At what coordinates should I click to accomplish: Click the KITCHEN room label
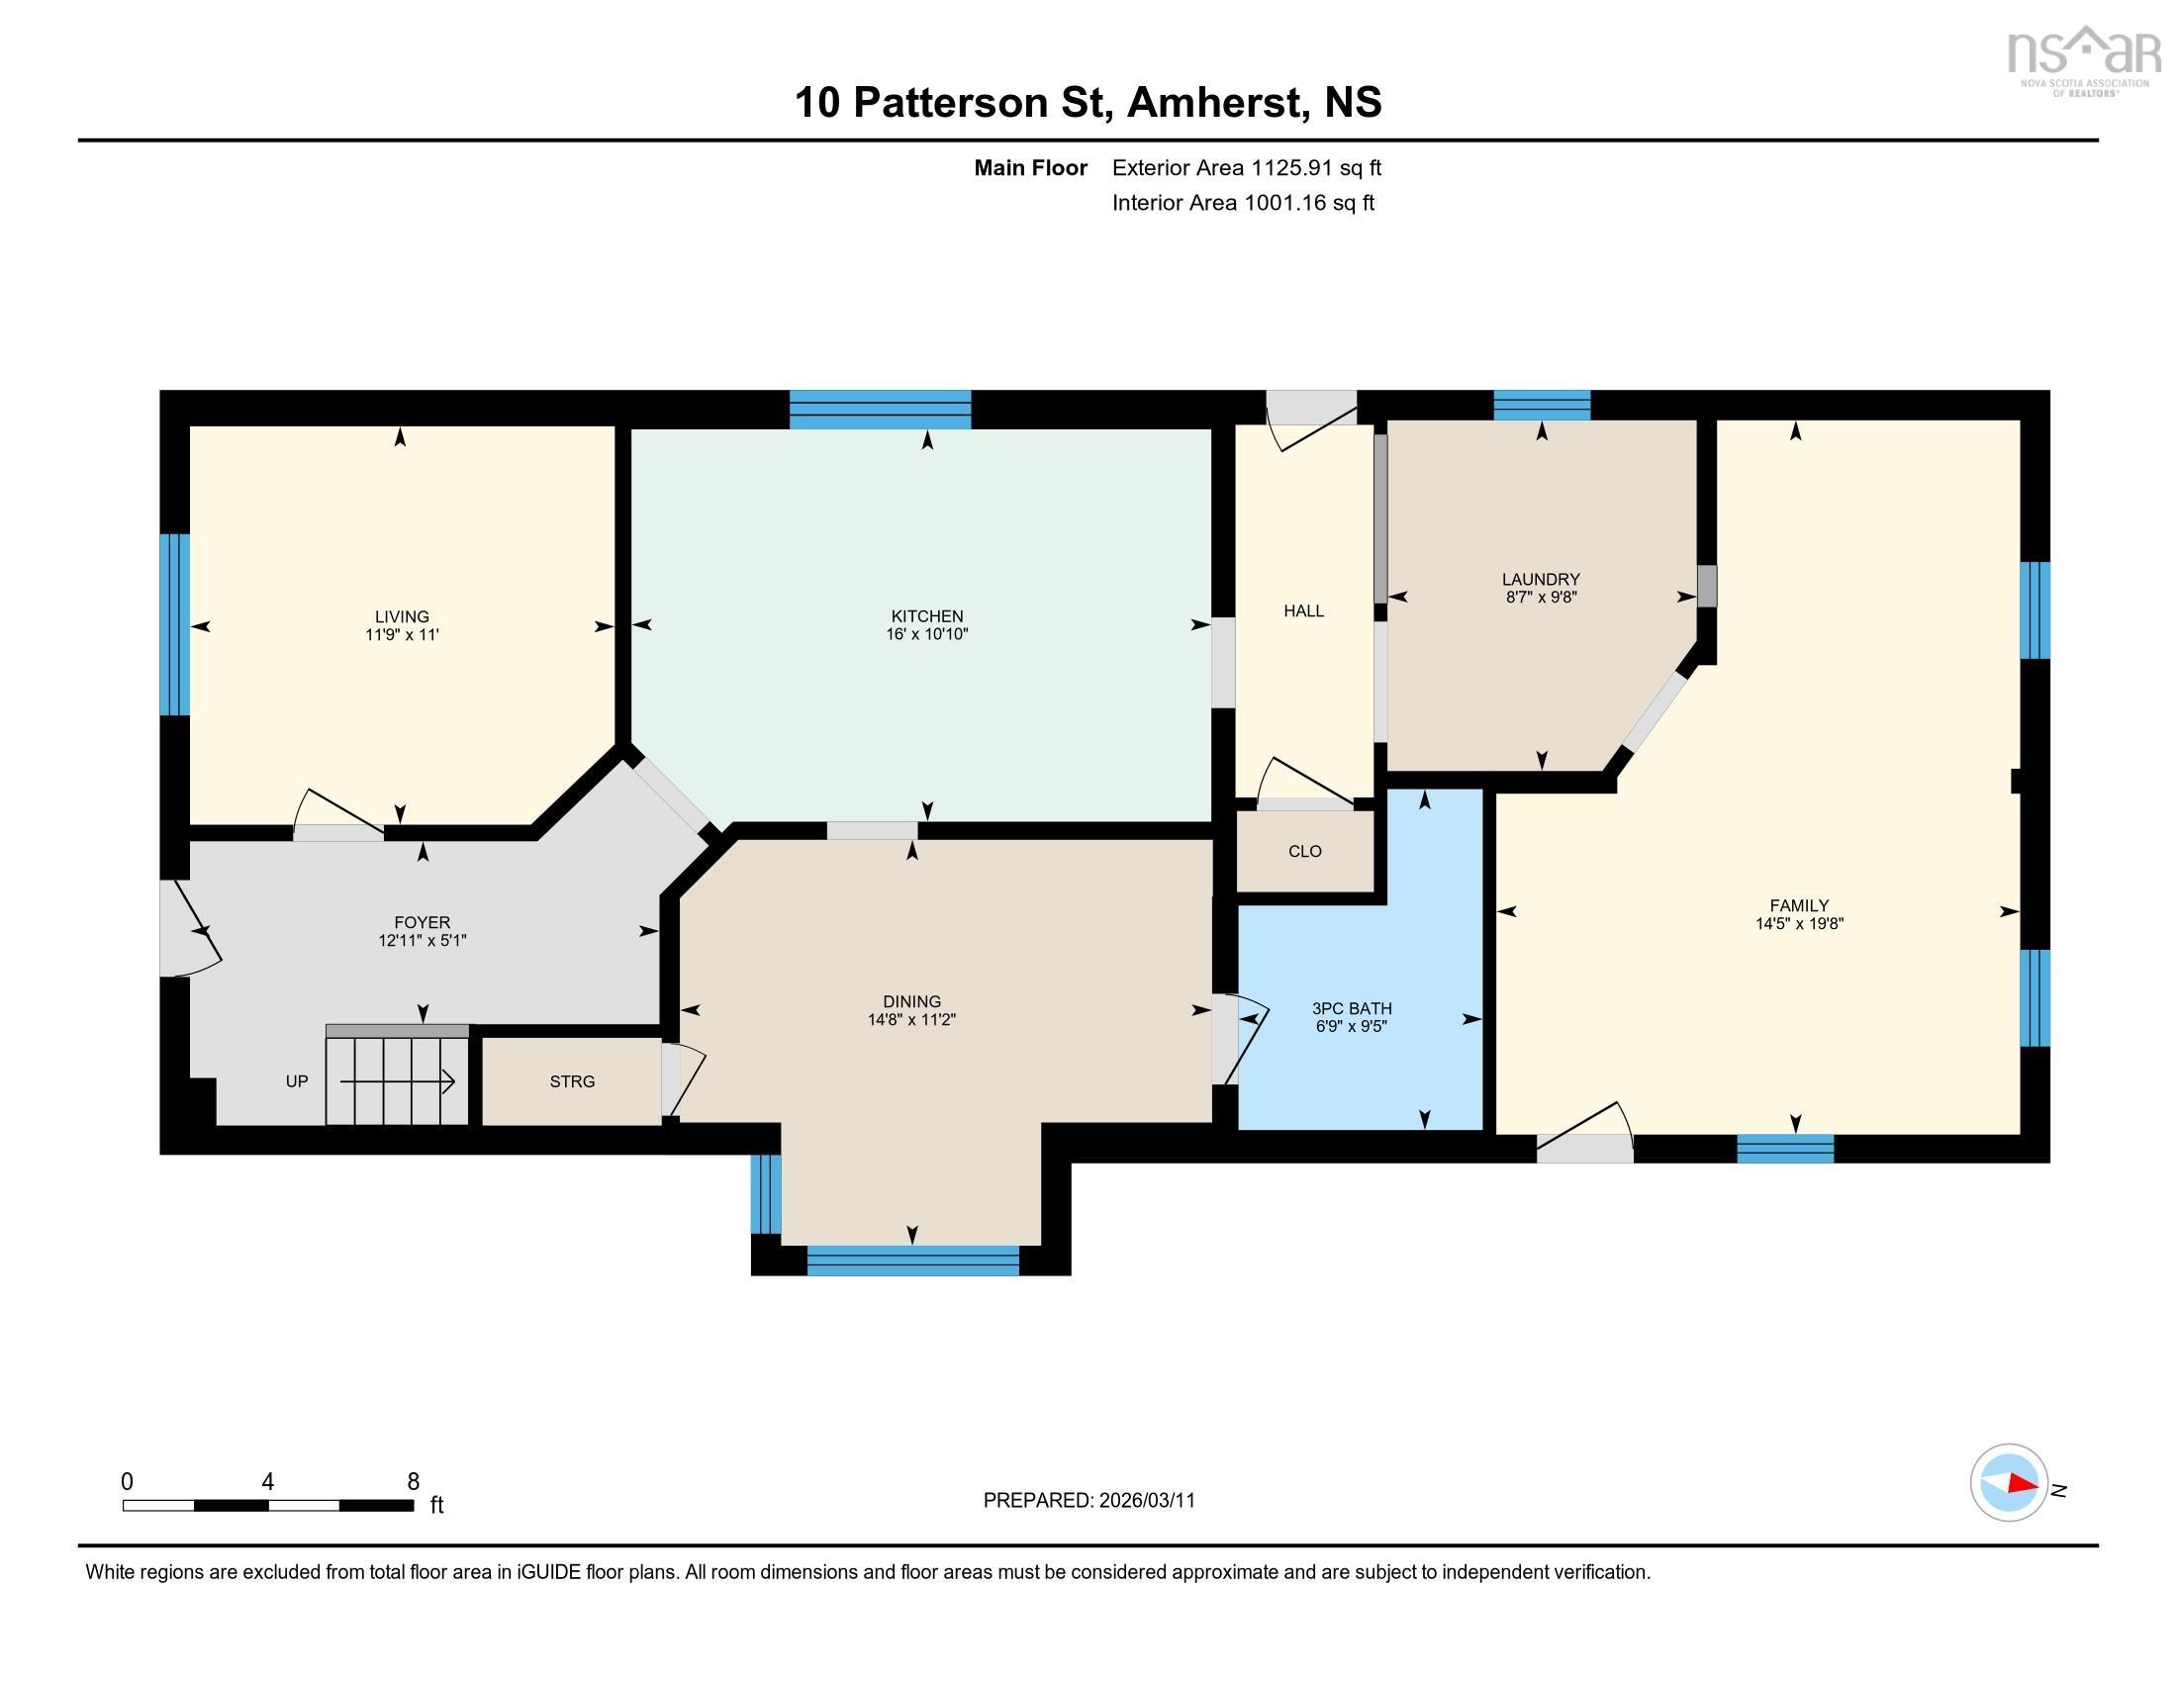[926, 615]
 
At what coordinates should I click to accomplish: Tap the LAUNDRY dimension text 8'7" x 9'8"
[1540, 598]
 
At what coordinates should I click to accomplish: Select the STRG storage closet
[571, 1081]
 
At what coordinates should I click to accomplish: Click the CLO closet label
[1304, 851]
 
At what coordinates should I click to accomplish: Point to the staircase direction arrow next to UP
[399, 1081]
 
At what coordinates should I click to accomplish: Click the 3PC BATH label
[1351, 1008]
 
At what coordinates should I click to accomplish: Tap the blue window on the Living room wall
[174, 624]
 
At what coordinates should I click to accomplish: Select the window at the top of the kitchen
[879, 410]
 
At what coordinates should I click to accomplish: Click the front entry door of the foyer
[189, 928]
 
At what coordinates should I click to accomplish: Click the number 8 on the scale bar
[413, 1482]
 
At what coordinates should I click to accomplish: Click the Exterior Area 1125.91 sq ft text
[1246, 167]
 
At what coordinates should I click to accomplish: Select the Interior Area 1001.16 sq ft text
[1242, 203]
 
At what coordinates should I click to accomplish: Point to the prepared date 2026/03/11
[1145, 1501]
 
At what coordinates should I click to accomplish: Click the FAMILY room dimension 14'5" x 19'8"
[1798, 924]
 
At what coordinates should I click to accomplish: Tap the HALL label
[1303, 610]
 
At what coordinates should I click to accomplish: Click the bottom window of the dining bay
[912, 1261]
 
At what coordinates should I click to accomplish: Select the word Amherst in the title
[1215, 103]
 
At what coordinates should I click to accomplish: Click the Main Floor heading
[1030, 167]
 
